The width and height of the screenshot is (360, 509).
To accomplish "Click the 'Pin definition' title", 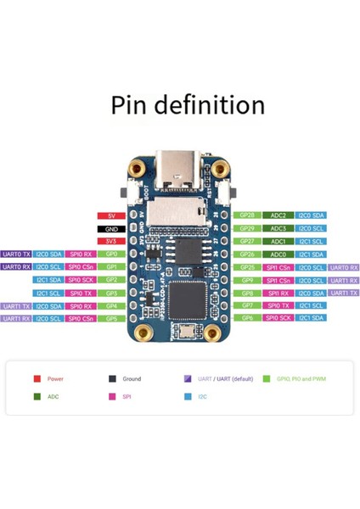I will [x=188, y=105].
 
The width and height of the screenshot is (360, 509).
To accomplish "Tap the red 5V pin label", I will [x=110, y=216].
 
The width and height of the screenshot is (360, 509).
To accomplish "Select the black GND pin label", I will [x=110, y=229].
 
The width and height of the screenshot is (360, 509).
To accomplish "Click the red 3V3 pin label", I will [x=110, y=242].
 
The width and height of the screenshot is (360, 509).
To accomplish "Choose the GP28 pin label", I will [x=247, y=216].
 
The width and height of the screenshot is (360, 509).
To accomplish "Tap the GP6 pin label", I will [x=247, y=318].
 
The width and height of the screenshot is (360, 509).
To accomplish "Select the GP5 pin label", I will [x=110, y=318].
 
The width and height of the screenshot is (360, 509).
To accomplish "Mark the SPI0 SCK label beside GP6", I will [x=279, y=318].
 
